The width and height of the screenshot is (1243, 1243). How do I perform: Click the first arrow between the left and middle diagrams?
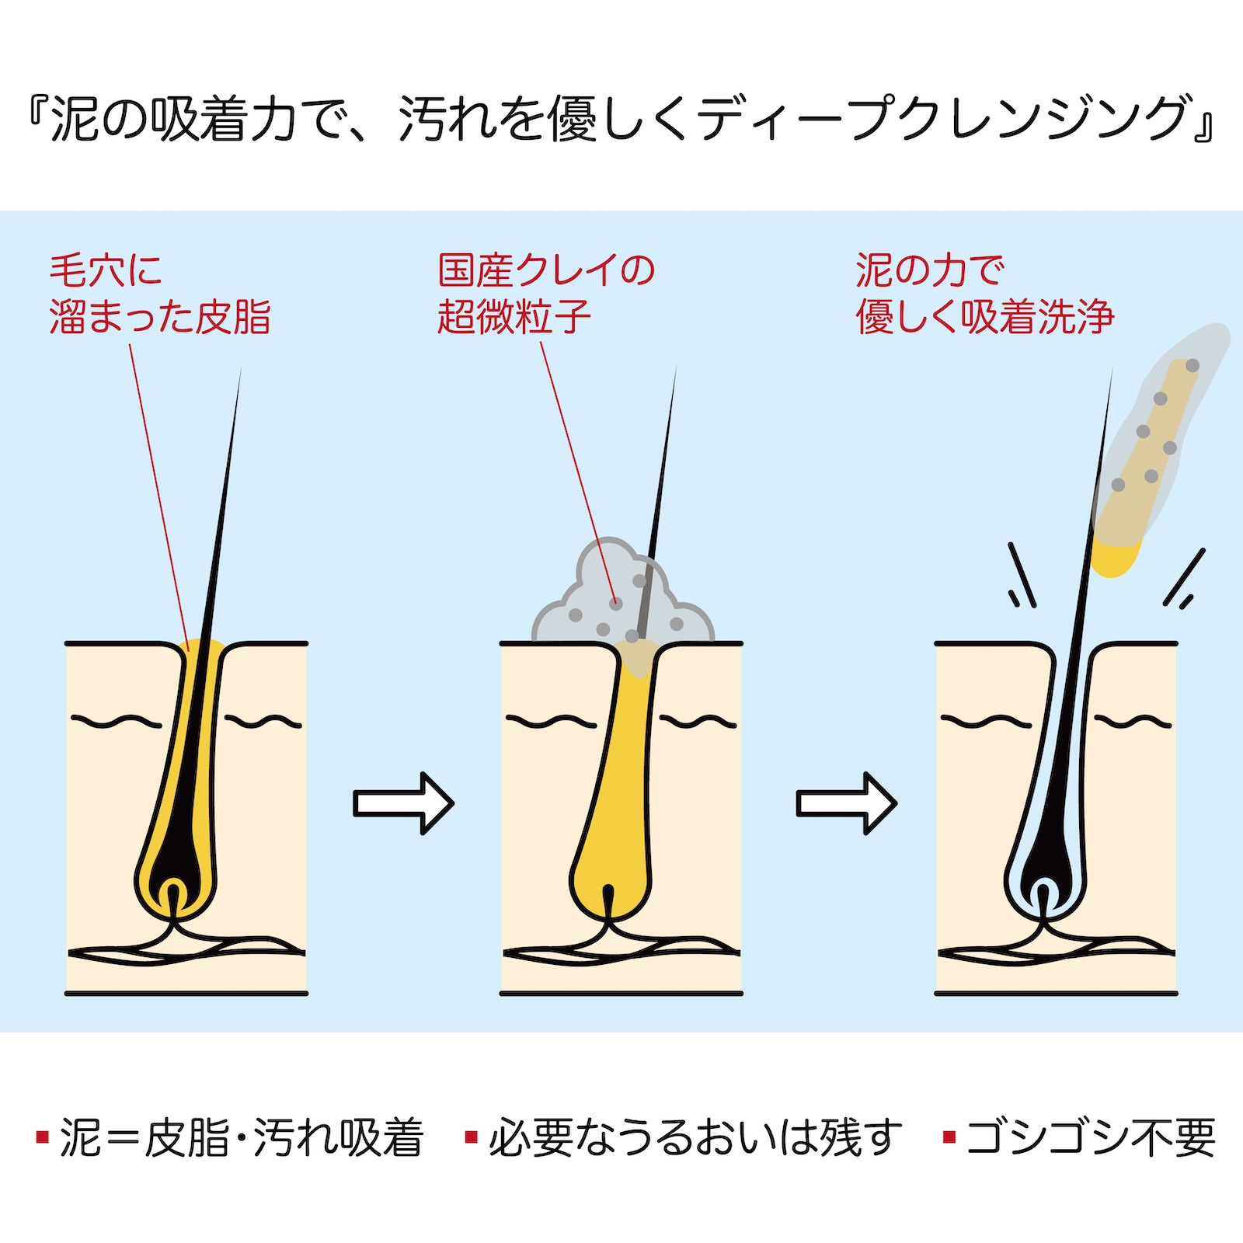pos(402,803)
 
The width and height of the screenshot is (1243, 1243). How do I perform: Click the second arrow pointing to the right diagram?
pos(846,803)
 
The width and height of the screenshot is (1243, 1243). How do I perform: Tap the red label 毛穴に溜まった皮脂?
pos(160,294)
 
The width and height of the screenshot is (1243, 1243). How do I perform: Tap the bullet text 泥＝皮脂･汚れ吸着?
pos(241,1138)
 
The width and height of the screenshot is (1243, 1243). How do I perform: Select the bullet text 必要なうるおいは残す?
pos(695,1138)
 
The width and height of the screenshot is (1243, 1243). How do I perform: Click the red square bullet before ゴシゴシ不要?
pos(949,1138)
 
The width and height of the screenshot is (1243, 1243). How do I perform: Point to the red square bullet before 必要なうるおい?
pos(471,1138)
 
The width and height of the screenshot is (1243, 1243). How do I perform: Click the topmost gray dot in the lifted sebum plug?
pos(1193,365)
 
